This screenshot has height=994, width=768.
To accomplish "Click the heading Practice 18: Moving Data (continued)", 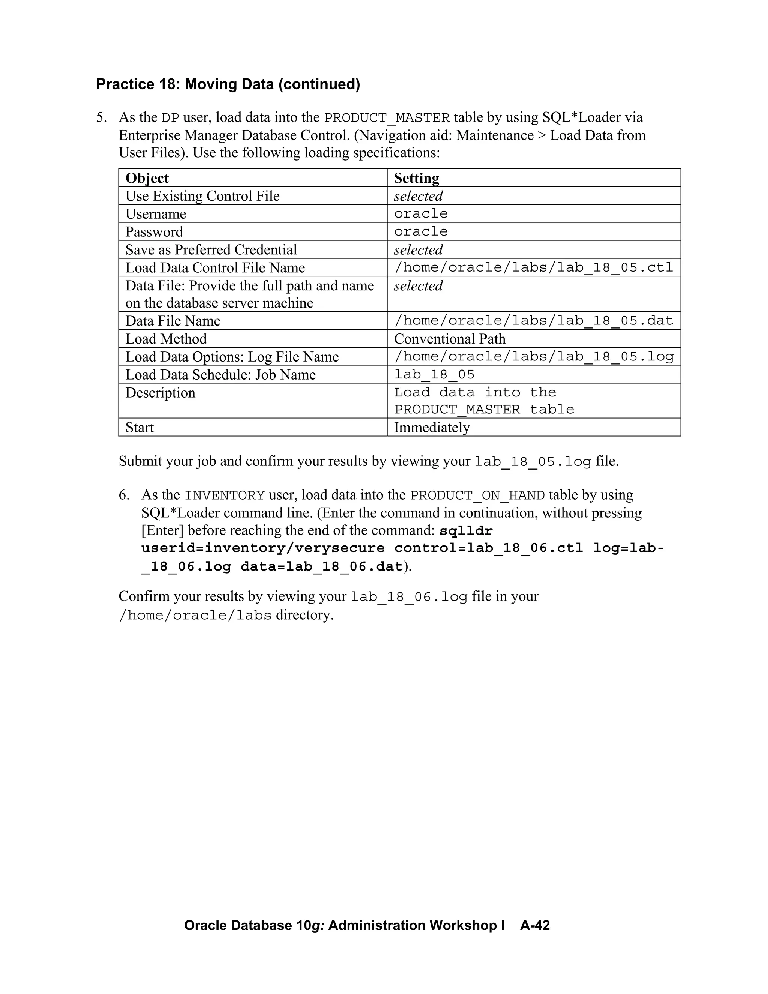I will [x=228, y=84].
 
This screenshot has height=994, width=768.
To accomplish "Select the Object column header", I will [x=147, y=178].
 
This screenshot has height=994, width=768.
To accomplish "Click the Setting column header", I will [x=416, y=178].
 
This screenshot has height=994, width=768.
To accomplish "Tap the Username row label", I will [x=156, y=214].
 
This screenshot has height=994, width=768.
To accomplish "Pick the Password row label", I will [x=154, y=232].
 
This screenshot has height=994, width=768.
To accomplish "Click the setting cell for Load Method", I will [x=450, y=339].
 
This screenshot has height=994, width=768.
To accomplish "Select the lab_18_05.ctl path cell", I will [x=533, y=267].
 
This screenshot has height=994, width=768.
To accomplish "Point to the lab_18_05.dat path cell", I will [x=533, y=321].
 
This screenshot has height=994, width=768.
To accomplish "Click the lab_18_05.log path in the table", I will [x=533, y=357].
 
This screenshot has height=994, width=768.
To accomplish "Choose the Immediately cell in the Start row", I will [x=432, y=427].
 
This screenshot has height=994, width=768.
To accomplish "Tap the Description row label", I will [x=160, y=393].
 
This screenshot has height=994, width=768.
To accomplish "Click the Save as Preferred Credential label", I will [x=211, y=250].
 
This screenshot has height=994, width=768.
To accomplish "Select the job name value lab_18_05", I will [x=434, y=375].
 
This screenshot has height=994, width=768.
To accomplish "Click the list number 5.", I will [x=102, y=117].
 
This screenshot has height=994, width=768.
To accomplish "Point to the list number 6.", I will [x=124, y=495].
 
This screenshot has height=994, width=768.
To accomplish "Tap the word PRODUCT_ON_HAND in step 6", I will [x=477, y=495].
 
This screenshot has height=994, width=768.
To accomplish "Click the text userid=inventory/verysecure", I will [x=263, y=548].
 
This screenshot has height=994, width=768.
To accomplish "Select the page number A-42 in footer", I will [x=535, y=925].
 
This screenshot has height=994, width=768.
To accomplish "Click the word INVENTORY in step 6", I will [x=225, y=495].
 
